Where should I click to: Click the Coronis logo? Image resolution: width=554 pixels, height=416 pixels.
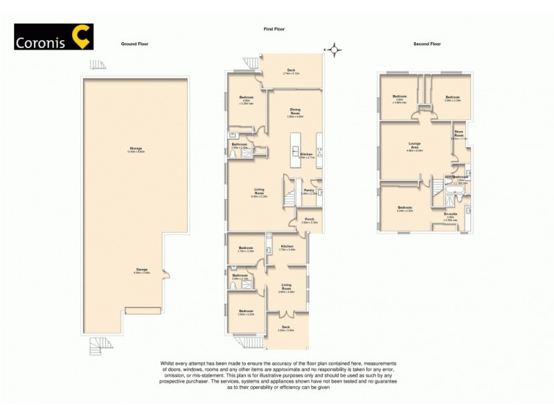[53, 37]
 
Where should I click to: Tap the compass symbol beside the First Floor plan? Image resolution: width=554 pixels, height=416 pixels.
[336, 49]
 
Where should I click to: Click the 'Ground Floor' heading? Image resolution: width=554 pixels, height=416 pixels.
[134, 44]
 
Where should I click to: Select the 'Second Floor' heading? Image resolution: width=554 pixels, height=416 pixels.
[427, 44]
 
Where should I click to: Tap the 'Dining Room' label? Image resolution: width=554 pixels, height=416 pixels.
[295, 110]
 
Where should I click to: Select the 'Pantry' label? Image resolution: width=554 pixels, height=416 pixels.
[309, 189]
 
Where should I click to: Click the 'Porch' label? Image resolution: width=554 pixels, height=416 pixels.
[309, 220]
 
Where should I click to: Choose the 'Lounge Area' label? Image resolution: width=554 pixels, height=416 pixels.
[415, 144]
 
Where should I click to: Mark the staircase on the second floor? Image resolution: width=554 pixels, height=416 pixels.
[438, 185]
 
